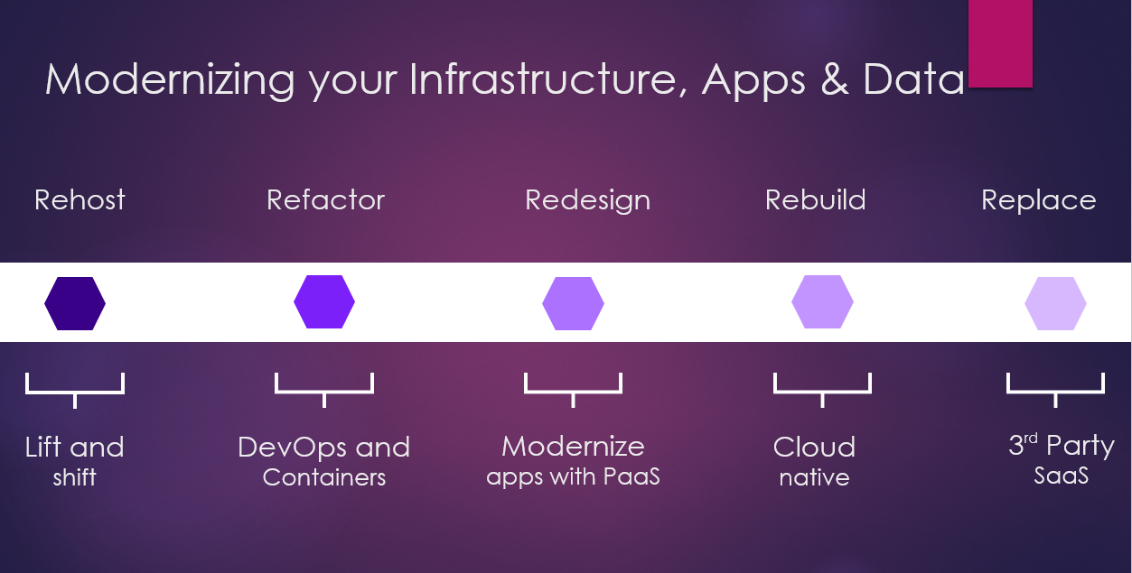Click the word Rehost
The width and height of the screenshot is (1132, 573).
tap(80, 199)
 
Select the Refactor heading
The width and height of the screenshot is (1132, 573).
tap(325, 199)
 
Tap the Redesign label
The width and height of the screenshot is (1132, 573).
tap(588, 201)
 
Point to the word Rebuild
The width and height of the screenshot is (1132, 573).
tap(815, 199)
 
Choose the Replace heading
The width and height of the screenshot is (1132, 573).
tap(1039, 201)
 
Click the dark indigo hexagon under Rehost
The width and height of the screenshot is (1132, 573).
tap(75, 303)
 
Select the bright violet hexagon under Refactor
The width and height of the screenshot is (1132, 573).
tap(324, 302)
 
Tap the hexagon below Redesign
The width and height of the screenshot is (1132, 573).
tap(573, 303)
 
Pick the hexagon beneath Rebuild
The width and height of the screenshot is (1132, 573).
tap(822, 302)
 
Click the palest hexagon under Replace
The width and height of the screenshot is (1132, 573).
tap(1055, 303)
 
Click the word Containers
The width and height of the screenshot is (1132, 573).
tap(324, 477)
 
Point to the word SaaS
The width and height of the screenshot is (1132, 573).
tap(1061, 476)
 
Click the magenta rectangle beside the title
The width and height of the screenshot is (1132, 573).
tap(1000, 43)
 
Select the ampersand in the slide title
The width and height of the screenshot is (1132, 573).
tap(835, 79)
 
